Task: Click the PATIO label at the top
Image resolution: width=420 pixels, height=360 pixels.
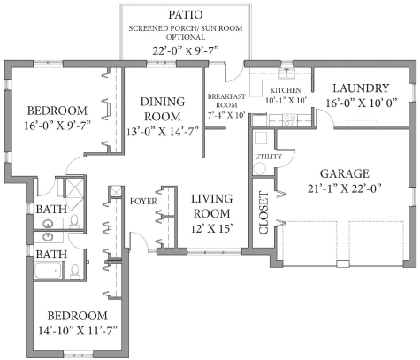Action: coord(187,16)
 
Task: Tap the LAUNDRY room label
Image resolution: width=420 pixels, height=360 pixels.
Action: coord(359,88)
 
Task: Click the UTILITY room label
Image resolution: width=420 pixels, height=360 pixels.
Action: coord(267,157)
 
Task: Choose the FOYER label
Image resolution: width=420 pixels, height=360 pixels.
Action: coord(143,201)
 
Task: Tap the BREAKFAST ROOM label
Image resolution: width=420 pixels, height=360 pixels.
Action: coord(225,100)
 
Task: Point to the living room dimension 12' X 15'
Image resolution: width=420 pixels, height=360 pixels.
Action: coord(210,227)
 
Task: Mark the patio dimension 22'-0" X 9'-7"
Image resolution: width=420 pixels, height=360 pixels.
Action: coord(187,50)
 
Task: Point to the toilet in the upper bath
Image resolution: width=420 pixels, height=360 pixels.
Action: coord(74,218)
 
